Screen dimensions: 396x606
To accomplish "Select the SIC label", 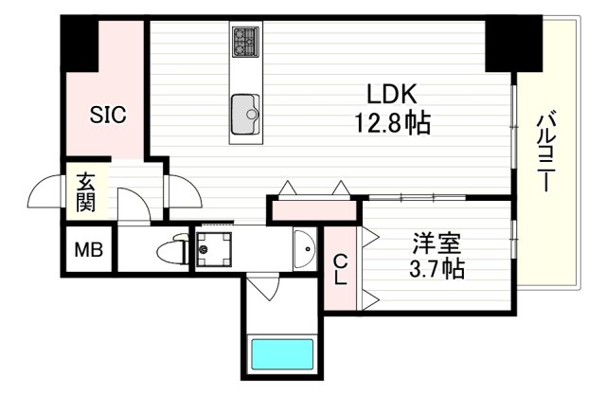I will (108, 116).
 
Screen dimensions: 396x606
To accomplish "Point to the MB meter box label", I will (89, 251).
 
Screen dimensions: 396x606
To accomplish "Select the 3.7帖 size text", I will (436, 269).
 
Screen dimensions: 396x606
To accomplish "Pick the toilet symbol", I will (173, 251).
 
